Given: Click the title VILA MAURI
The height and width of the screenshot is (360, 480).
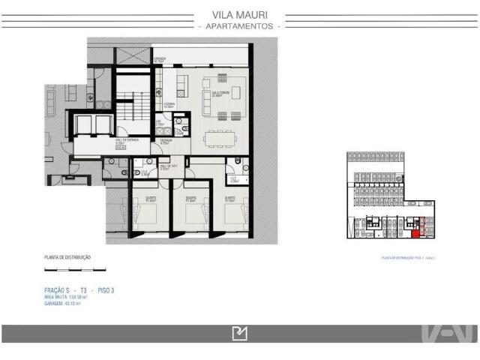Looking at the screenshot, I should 239,13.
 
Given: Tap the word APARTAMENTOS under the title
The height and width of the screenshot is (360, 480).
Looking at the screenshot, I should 239,26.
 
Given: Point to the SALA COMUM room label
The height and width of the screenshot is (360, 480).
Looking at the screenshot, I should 220,94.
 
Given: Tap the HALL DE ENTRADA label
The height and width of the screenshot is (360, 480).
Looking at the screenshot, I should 126,141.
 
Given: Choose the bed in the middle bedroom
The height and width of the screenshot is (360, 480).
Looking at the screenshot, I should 197,218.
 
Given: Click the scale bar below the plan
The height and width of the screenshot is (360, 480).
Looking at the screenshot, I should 75,268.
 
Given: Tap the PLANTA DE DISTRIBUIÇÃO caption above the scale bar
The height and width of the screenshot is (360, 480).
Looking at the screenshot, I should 67,258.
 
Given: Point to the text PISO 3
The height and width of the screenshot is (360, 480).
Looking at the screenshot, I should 106,289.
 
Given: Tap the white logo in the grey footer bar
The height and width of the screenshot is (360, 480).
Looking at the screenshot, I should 239,333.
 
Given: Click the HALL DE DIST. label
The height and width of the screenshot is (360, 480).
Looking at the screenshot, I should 168,167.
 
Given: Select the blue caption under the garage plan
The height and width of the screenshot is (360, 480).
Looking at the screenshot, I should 409,258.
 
